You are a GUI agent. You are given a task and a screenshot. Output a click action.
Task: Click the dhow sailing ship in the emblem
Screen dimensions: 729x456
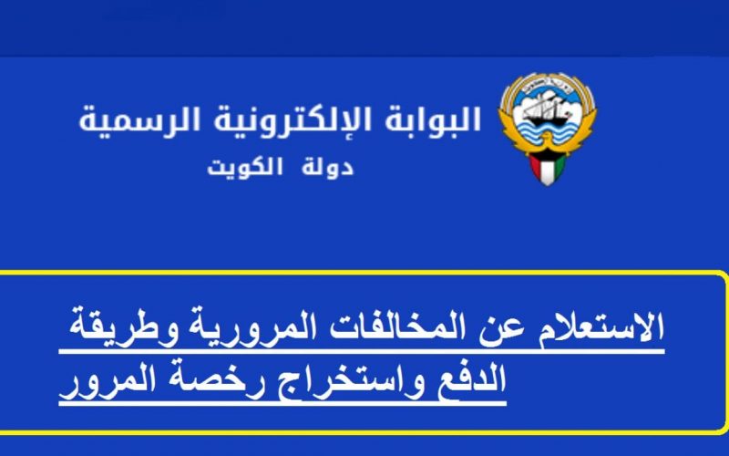(x=546, y=110)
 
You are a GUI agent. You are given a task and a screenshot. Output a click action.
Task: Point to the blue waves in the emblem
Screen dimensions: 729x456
(x=547, y=135)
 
